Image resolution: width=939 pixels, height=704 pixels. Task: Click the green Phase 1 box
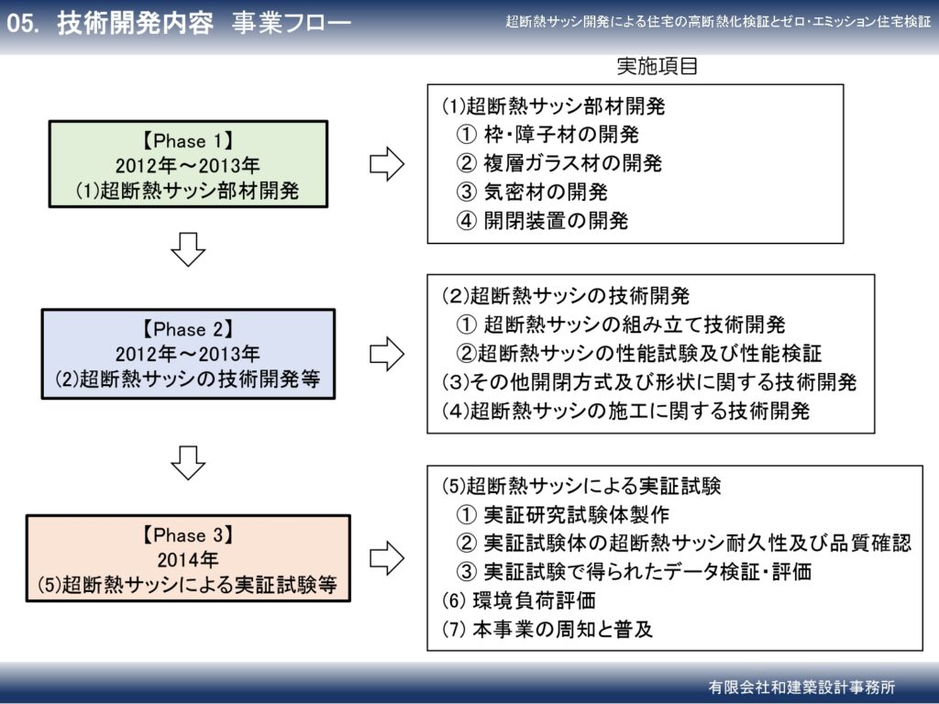point(188,164)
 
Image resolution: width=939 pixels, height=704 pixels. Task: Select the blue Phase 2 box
point(188,354)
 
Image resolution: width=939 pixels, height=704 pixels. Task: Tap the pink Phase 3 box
point(188,558)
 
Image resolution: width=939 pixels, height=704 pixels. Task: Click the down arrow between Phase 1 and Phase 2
point(188,248)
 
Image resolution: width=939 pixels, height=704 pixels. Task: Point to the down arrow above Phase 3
point(188,462)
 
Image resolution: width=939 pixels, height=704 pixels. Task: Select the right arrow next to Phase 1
point(387,163)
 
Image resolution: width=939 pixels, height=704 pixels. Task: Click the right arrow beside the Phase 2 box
point(387,353)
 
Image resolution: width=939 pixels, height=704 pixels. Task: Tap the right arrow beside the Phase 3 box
point(387,558)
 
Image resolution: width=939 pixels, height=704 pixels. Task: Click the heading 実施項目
point(657,66)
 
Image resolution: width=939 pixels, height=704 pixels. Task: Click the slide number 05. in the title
point(23,23)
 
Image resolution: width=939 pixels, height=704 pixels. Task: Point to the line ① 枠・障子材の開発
point(547,134)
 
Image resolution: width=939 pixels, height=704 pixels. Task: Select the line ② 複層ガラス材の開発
point(558,163)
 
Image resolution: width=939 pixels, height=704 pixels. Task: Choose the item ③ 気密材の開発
point(532,192)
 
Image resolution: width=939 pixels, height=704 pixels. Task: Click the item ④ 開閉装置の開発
point(542,220)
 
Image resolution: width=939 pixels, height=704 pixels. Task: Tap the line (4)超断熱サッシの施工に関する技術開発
point(625,411)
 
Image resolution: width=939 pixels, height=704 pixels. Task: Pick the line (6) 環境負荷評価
point(519,599)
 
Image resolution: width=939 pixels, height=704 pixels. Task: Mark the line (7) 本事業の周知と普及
point(547,629)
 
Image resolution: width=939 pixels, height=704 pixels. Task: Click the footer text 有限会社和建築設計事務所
point(801,687)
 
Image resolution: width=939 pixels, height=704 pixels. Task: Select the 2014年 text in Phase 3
point(187,559)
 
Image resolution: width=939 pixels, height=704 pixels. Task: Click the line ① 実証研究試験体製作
point(562,514)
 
